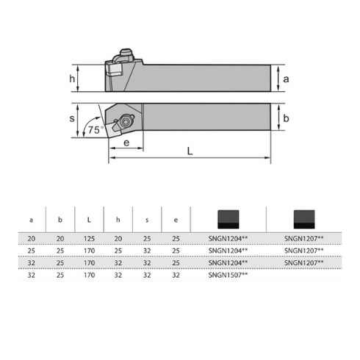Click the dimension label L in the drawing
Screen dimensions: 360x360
click(x=190, y=151)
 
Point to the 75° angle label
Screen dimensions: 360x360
click(x=93, y=129)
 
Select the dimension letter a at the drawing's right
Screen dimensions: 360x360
click(x=286, y=77)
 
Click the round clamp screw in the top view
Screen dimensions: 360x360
click(x=126, y=120)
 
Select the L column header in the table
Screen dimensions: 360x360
click(x=89, y=219)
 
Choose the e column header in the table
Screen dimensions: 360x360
click(x=176, y=219)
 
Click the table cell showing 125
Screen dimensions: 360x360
click(x=89, y=239)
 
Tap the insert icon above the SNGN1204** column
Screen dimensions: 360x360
click(x=227, y=218)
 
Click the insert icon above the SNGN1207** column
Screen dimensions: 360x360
click(x=303, y=218)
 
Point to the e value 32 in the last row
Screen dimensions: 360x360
click(x=176, y=274)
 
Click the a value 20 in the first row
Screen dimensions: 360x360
click(x=31, y=239)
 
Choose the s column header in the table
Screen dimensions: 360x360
click(x=147, y=219)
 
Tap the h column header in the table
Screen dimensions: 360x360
click(x=118, y=219)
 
